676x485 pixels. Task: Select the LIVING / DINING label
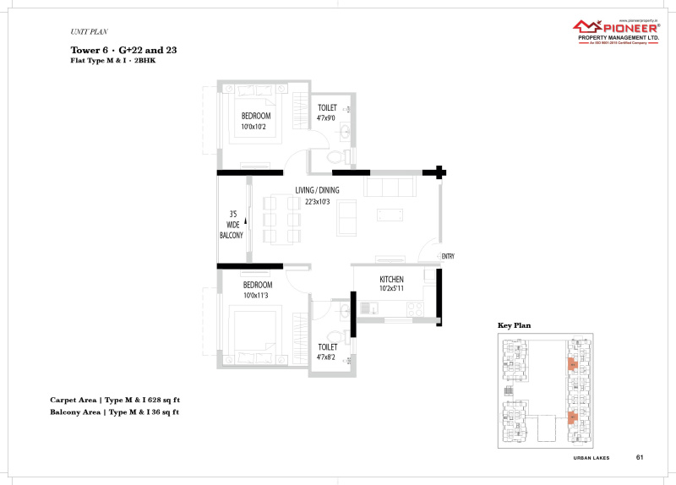(x=317, y=190)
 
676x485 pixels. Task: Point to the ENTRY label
(x=448, y=257)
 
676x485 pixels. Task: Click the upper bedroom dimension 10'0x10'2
(x=256, y=126)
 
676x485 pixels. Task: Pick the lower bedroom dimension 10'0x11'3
(x=256, y=296)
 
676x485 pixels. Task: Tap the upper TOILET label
(x=327, y=108)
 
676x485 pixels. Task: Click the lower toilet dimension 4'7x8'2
(x=327, y=357)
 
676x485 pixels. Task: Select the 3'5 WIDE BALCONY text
(x=232, y=224)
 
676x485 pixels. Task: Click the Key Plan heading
(x=514, y=324)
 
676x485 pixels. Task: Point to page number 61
(x=640, y=457)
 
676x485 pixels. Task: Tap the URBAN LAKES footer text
(x=591, y=458)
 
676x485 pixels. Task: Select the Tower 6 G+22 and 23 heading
(x=123, y=51)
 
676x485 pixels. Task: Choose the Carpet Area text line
(x=114, y=399)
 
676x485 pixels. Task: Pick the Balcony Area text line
(x=114, y=412)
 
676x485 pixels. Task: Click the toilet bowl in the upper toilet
(x=335, y=156)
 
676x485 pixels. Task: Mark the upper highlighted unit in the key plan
(x=571, y=364)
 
